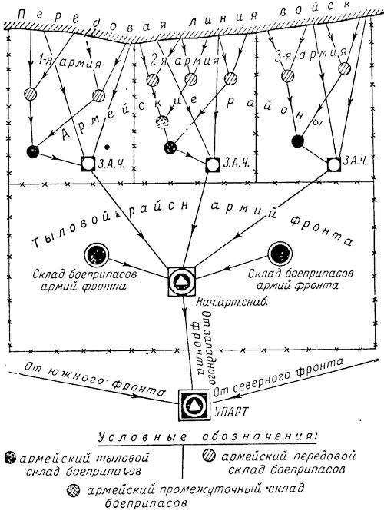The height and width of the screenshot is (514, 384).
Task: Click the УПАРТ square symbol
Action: pos(194,405)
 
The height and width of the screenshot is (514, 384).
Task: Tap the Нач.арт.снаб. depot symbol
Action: pos(182,281)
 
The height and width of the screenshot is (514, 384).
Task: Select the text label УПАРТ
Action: pos(231,411)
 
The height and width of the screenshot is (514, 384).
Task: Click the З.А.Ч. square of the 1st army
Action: pos(88,163)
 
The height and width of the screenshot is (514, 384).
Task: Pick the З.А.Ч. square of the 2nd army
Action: pos(213,164)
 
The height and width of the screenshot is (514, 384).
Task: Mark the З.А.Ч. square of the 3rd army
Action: pos(334,164)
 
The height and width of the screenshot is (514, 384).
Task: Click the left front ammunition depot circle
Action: pos(96,254)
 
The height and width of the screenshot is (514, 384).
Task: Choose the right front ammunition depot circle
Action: pos(280,254)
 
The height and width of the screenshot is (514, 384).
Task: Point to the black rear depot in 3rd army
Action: pos(297,141)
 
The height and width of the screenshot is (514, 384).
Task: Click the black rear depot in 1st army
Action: pos(33,151)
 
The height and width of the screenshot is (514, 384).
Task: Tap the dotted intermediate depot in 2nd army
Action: pos(162,121)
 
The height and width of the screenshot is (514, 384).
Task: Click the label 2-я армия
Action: pos(185,61)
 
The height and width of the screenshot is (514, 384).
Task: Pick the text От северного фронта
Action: pos(279,376)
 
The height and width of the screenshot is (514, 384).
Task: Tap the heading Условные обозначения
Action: pos(206,437)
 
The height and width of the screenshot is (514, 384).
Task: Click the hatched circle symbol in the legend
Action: pos(208,456)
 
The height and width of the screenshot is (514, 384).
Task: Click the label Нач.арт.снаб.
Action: pos(232,303)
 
